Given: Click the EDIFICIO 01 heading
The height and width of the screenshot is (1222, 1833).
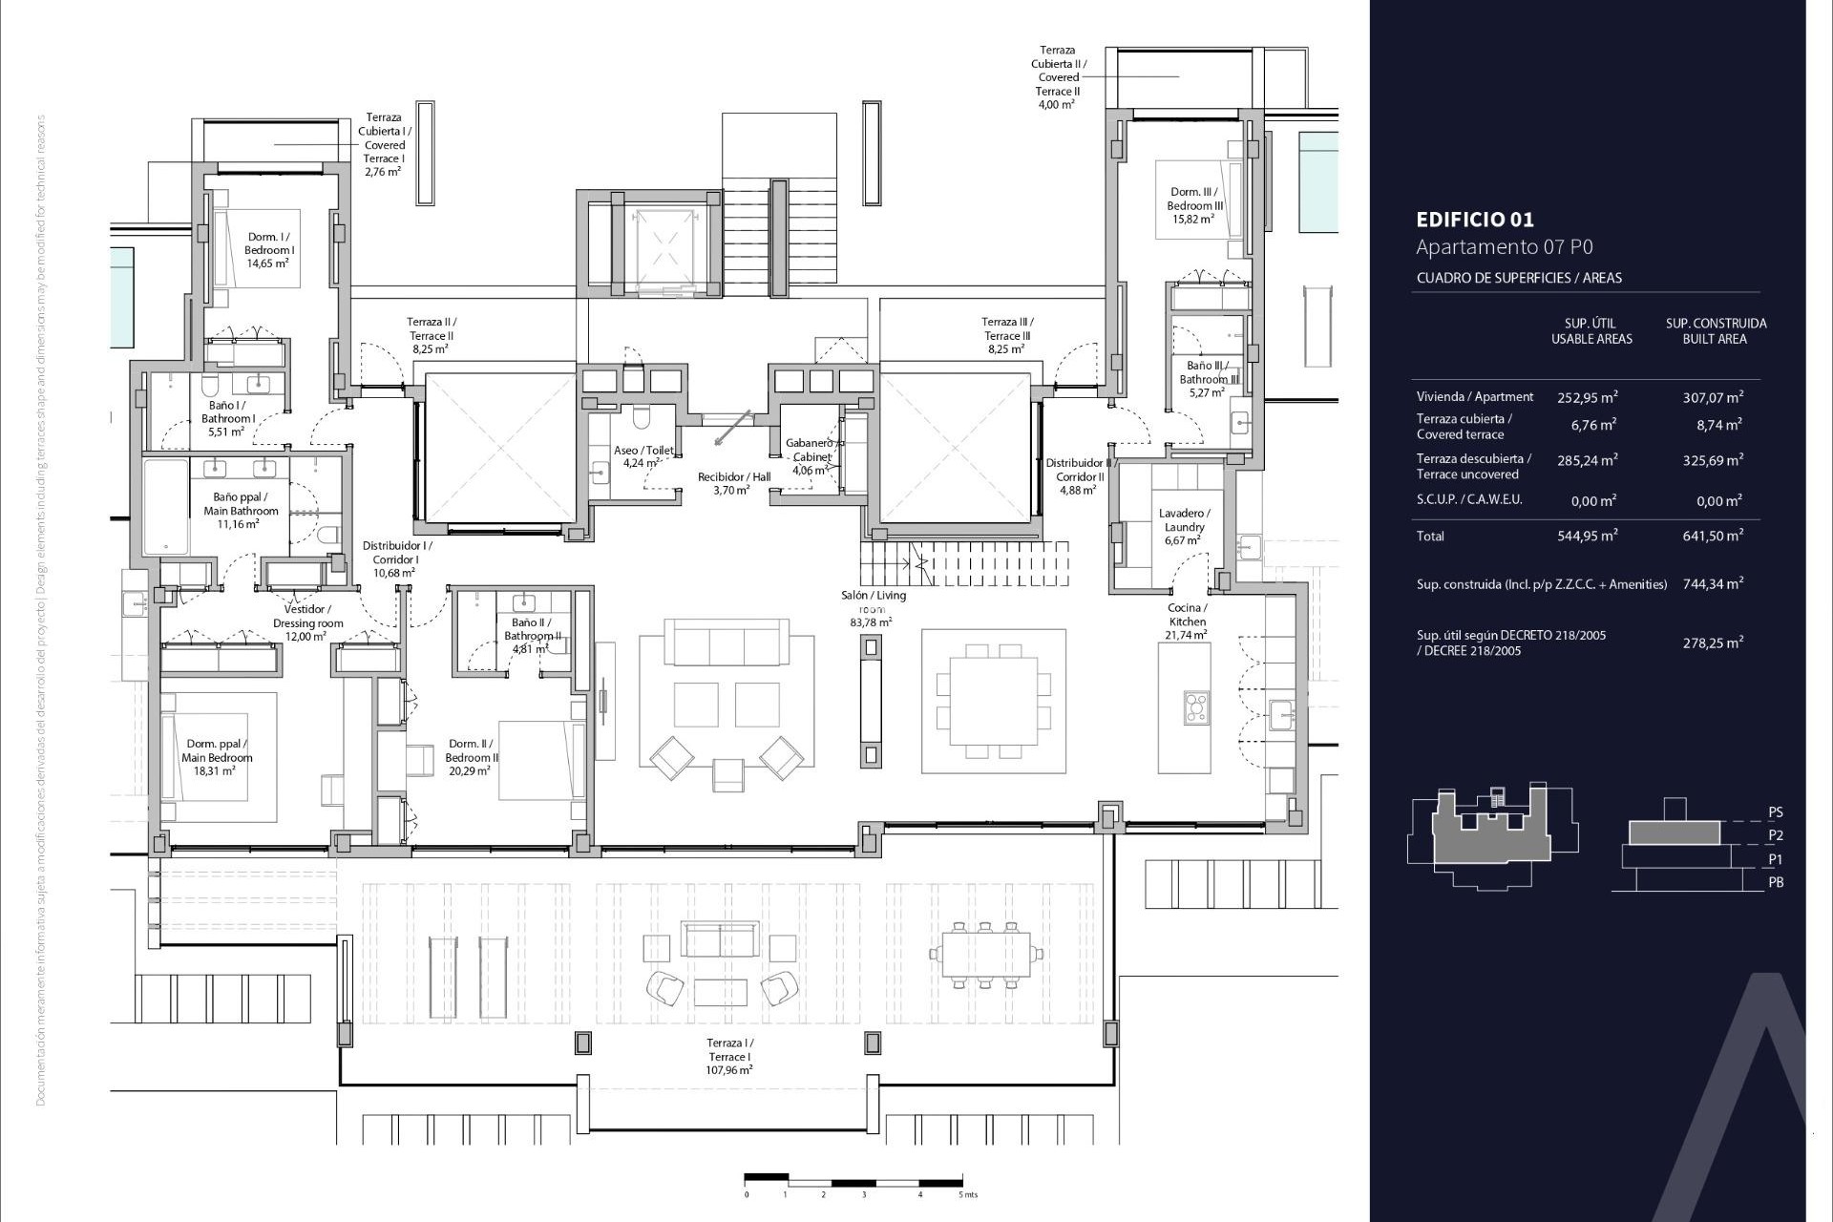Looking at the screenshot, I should click(x=1475, y=220).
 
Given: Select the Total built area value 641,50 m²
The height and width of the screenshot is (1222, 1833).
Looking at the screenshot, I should click(x=1713, y=537).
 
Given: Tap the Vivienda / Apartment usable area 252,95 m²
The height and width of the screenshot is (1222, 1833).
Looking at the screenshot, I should click(x=1587, y=397).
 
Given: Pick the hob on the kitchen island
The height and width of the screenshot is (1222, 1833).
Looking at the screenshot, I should click(x=1195, y=707).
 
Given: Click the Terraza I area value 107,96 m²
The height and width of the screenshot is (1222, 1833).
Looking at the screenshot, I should click(x=729, y=1070).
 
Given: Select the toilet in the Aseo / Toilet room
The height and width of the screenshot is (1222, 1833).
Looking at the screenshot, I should click(x=641, y=419).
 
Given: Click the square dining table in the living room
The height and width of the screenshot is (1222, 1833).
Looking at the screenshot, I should click(x=993, y=701).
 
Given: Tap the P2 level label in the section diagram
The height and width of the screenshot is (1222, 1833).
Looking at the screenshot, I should click(x=1775, y=835).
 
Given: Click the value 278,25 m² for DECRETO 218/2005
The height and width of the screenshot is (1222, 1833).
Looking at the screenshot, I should click(x=1713, y=643).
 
